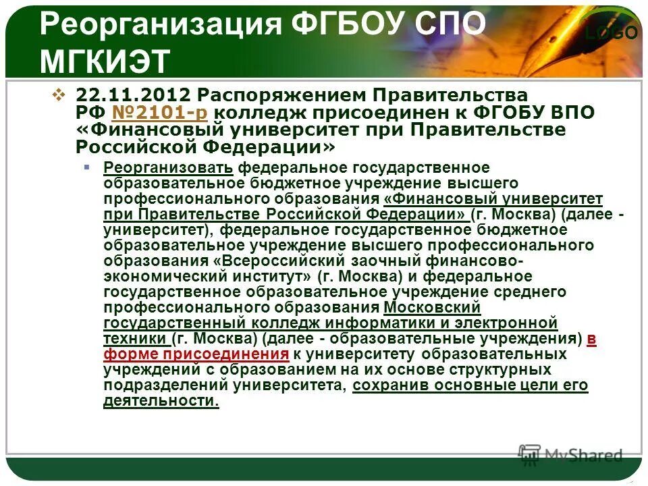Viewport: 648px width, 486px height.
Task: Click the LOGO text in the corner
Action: click(x=611, y=33)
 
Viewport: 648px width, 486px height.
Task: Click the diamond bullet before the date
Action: click(x=58, y=95)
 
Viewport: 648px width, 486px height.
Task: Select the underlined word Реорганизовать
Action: click(x=169, y=167)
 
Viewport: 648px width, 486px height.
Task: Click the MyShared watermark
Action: click(x=571, y=454)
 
